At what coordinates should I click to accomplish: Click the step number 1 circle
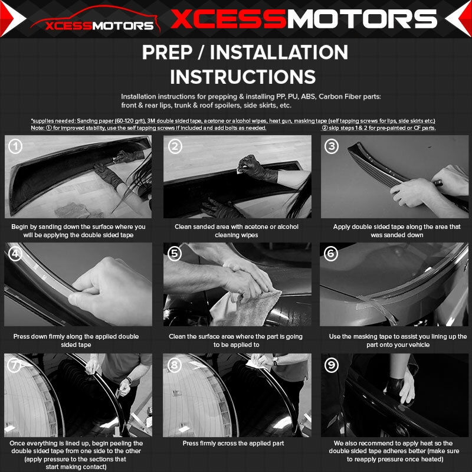[x=15, y=146]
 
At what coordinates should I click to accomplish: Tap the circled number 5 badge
[x=174, y=254]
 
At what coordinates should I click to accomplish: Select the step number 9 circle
[x=332, y=365]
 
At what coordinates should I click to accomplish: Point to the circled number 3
[x=332, y=146]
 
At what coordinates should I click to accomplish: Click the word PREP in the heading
[x=167, y=53]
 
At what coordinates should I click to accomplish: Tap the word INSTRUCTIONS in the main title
[x=243, y=77]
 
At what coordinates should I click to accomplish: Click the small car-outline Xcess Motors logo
[x=95, y=19]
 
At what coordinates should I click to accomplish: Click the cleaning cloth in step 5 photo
[x=247, y=309]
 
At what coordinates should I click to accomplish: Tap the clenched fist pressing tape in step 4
[x=110, y=287]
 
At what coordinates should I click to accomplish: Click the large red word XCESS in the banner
[x=228, y=19]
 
